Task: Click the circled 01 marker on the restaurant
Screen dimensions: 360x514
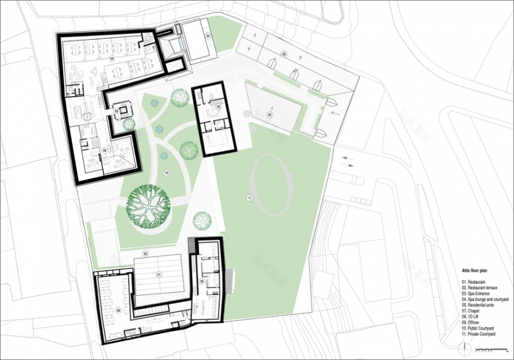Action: click(158, 274)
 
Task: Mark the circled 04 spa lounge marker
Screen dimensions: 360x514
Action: click(207, 36)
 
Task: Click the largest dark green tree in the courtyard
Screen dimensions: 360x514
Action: click(148, 205)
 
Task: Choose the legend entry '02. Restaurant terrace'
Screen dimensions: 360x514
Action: click(478, 287)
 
